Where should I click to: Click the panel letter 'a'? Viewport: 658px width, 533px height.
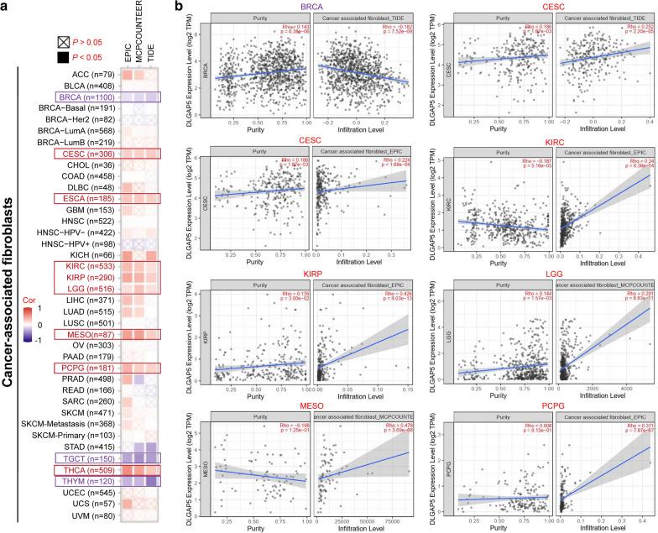[6, 7]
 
